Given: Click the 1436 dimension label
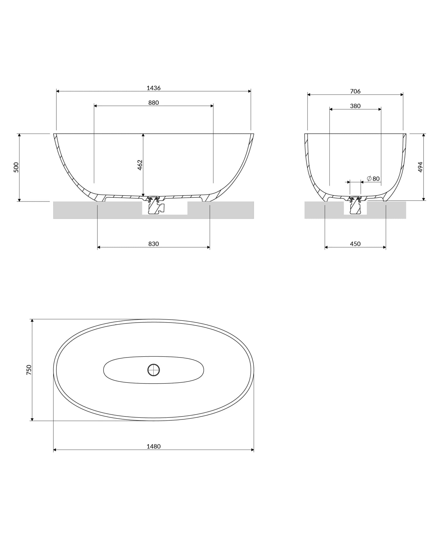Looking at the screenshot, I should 153,88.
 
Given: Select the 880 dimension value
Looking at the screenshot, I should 153,103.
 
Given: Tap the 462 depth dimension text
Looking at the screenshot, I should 140,165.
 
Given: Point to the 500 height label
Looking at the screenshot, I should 16,167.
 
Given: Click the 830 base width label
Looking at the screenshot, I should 153,244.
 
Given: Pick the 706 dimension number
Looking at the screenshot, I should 355,91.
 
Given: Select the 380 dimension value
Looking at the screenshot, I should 355,106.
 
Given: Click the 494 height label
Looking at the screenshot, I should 420,167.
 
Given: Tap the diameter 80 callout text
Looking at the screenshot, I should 373,179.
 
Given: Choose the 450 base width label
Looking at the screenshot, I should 355,244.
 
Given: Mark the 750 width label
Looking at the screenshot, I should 29,370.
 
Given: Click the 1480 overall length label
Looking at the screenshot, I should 153,446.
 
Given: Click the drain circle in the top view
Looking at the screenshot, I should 153,370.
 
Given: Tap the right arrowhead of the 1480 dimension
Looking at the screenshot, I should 252,450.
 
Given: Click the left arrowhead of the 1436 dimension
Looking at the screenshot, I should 58,91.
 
